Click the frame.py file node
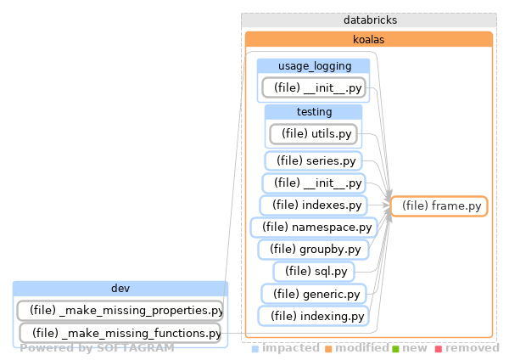(439, 206)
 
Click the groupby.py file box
(313, 250)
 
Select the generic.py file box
(313, 294)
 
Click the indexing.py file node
(313, 316)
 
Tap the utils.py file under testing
(313, 133)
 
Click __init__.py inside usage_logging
(313, 87)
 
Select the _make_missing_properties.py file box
(120, 311)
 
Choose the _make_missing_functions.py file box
(120, 333)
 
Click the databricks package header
(369, 20)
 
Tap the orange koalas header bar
(369, 39)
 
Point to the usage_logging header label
(313, 66)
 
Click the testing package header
(313, 112)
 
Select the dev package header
(120, 289)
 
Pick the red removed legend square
(439, 349)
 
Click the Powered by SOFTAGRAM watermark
(97, 348)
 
